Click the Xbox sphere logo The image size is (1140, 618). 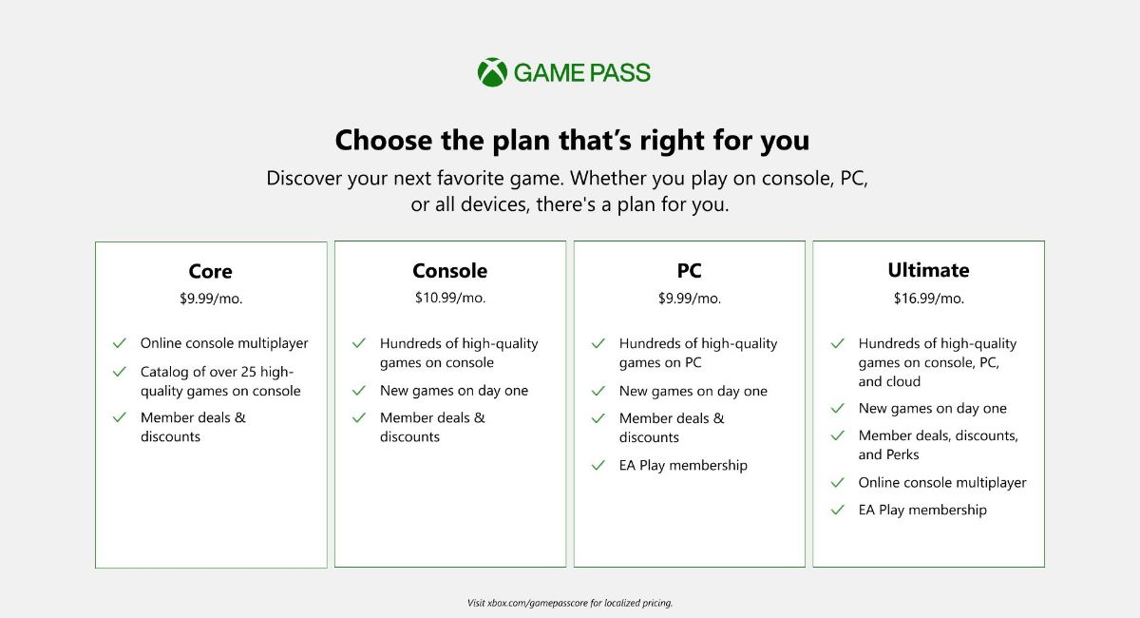pos(492,72)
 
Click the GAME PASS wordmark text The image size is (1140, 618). pos(582,72)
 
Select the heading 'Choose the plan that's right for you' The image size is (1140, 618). pos(572,141)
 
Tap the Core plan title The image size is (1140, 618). pos(211,272)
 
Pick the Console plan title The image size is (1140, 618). pos(450,271)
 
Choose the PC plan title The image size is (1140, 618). pos(690,271)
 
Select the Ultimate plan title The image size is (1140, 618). pos(928,270)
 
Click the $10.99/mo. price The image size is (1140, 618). pos(450,298)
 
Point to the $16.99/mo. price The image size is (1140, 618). pos(928,299)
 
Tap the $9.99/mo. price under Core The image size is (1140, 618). pos(211,299)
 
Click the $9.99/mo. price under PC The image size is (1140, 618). pos(690,299)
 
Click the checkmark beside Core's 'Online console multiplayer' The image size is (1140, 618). pos(120,343)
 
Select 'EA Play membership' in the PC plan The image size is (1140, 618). pos(683,465)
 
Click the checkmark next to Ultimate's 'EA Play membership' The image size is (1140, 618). pos(838,510)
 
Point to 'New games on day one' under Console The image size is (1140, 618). pos(454,390)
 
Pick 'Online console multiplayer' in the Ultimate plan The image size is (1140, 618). pos(942,482)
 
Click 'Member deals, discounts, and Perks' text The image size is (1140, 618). pos(939,445)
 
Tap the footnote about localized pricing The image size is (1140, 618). pos(570,603)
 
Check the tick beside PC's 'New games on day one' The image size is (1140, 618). pos(598,391)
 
